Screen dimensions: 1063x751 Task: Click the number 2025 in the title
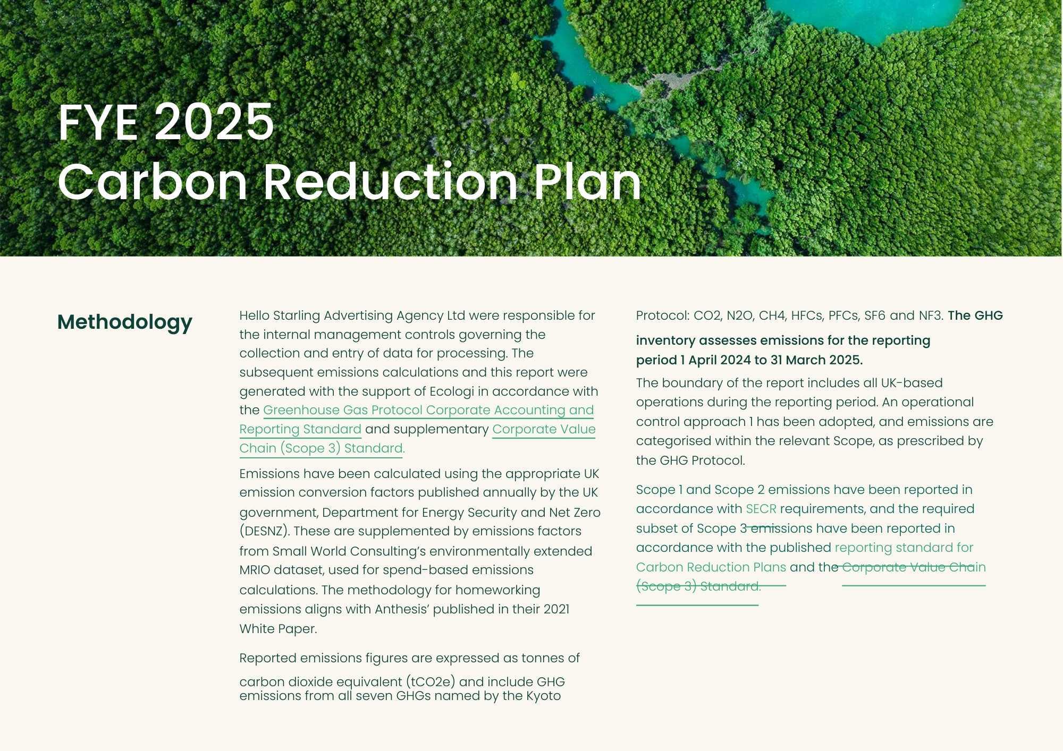click(214, 122)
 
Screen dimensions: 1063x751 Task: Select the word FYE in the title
click(98, 123)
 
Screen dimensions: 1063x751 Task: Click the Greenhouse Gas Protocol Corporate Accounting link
click(428, 410)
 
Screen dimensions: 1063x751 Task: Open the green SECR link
click(761, 509)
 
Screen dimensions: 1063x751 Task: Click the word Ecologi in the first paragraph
click(451, 392)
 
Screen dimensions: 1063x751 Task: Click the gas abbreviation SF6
click(874, 315)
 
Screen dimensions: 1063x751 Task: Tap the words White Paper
click(278, 629)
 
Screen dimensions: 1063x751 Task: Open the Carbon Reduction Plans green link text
click(711, 567)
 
